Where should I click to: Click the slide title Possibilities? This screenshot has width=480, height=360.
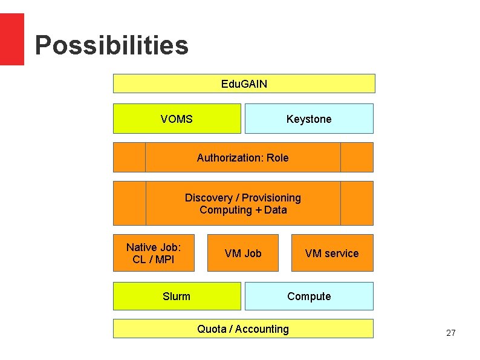(111, 45)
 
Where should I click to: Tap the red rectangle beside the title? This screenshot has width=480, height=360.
(11, 39)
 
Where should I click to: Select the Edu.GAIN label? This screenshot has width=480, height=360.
(244, 83)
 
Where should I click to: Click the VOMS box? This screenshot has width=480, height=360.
(177, 119)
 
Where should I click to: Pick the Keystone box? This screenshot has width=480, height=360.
(309, 119)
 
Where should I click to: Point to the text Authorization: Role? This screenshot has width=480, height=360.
(242, 157)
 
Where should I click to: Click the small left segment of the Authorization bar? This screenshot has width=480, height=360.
(129, 157)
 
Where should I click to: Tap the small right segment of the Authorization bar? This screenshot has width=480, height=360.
(357, 157)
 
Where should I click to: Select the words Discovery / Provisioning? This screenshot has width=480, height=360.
(242, 198)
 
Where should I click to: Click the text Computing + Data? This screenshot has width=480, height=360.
(242, 210)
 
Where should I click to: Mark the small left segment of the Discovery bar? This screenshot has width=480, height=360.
(129, 203)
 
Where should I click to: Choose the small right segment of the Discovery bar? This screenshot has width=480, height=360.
(357, 203)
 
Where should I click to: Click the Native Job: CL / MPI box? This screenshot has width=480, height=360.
(154, 253)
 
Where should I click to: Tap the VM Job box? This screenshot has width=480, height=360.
(243, 253)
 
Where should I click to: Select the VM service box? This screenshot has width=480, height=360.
(332, 253)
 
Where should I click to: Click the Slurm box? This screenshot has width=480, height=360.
(177, 296)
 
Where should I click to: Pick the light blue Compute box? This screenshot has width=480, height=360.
(309, 296)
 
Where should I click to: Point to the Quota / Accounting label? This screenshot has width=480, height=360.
(243, 329)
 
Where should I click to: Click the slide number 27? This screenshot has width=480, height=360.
(450, 333)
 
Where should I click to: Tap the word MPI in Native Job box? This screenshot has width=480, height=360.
(164, 260)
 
